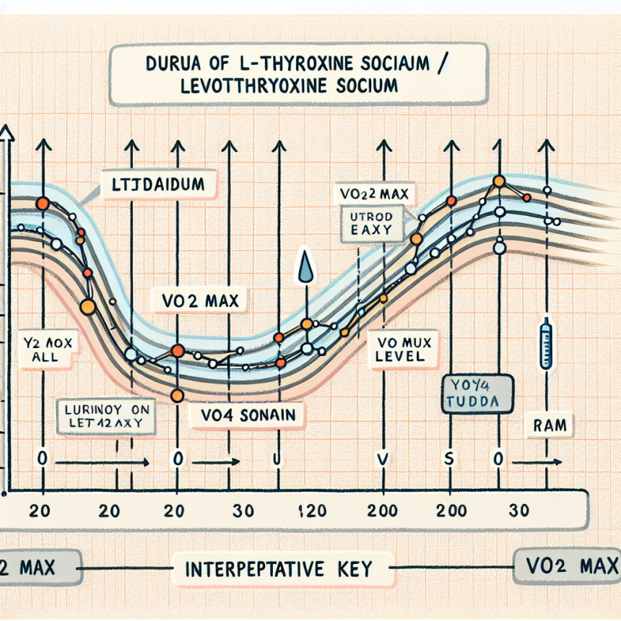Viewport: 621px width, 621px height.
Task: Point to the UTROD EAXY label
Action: [366, 223]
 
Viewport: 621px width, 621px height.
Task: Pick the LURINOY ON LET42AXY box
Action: [106, 417]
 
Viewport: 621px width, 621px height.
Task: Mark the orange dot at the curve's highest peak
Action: [498, 181]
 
